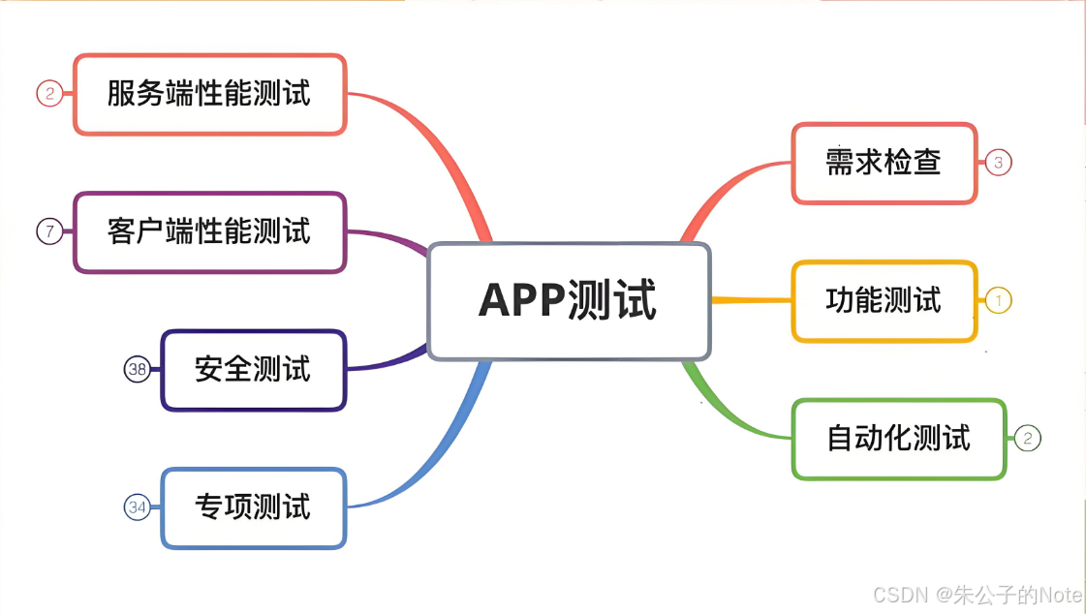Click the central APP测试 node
569,301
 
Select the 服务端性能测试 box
209,94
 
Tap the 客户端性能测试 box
209,232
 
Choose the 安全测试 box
253,370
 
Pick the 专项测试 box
253,507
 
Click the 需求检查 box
884,163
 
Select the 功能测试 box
884,301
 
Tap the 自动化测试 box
898,439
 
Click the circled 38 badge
138,369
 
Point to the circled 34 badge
138,507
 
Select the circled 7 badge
49,231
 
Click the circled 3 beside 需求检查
998,163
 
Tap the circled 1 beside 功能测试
998,301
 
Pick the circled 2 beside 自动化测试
1027,439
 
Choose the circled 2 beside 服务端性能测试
49,94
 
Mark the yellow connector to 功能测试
752,300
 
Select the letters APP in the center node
524,301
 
